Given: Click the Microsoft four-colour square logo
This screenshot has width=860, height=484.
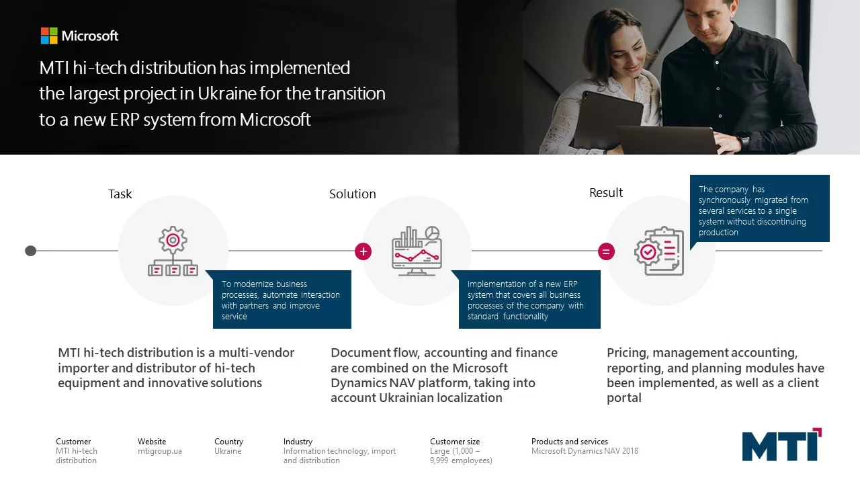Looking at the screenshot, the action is (49, 36).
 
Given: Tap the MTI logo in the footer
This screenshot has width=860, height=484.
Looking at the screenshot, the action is (781, 445).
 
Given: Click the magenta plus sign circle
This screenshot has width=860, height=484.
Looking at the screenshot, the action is (363, 251).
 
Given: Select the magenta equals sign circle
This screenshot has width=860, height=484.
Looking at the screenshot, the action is (606, 251).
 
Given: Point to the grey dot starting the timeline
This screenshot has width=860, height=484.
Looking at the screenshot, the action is (30, 251).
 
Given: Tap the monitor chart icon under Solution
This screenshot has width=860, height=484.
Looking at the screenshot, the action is (417, 251).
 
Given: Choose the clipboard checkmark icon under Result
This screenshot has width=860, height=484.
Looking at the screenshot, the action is (659, 251).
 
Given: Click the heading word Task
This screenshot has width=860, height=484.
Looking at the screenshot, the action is (120, 194).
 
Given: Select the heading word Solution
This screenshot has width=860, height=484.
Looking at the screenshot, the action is (353, 194).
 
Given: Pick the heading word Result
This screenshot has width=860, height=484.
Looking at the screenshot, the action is (606, 192).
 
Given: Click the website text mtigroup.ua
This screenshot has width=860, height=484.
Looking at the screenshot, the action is (160, 451).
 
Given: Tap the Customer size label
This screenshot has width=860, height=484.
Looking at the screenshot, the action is (455, 442).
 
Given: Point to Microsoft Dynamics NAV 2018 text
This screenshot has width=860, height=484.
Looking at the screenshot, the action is (585, 451).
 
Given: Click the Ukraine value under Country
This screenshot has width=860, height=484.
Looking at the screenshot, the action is (228, 451).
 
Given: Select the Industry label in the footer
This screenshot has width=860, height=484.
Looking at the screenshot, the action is (298, 442).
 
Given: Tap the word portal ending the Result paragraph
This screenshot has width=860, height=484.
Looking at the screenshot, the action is (624, 398).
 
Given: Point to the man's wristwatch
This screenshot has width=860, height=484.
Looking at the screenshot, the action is (744, 141).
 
